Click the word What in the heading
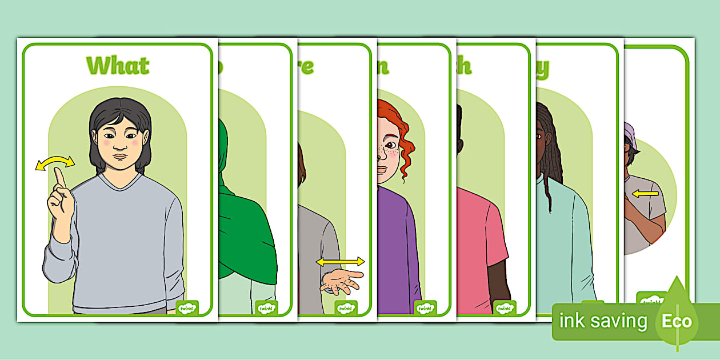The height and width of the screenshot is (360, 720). [118, 66]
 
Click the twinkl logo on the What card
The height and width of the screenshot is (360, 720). [187, 307]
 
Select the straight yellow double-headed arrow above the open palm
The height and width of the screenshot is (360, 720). [341, 262]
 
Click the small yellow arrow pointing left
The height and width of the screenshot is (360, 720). [645, 194]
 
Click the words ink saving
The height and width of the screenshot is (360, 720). [603, 321]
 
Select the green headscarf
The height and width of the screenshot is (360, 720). [240, 229]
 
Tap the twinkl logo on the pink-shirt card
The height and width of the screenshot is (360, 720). [505, 307]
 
